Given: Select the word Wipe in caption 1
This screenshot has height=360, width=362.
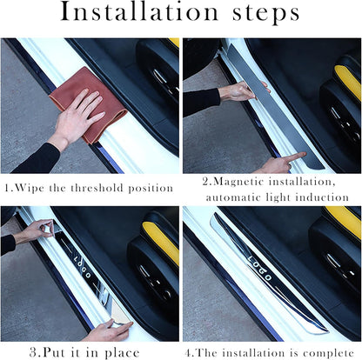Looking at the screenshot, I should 36,188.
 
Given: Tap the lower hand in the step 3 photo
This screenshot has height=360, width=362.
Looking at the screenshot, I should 109,331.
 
